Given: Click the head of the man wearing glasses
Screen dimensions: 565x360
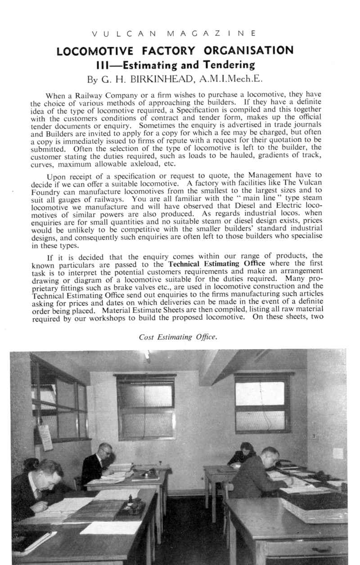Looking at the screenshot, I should pos(105,451).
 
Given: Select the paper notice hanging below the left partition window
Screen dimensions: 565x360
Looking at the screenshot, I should pos(45,437).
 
